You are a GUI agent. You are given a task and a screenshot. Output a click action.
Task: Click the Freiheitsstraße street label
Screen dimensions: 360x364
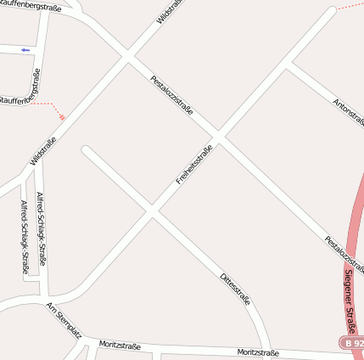(193, 166)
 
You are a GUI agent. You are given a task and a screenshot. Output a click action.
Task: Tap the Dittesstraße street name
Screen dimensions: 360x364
(235, 290)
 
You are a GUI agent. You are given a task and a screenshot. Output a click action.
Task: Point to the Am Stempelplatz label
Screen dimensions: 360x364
(64, 320)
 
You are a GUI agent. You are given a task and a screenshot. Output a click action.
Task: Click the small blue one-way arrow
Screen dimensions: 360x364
(25, 50)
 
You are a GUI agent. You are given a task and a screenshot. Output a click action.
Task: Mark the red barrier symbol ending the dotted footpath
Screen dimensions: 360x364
(62, 117)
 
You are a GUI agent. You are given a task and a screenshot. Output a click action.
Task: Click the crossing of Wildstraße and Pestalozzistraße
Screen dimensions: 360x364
(127, 58)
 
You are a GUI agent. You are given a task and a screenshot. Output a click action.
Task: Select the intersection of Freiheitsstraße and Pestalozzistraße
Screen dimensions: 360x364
(217, 136)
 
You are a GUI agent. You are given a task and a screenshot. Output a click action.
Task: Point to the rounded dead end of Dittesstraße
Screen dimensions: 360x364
(86, 150)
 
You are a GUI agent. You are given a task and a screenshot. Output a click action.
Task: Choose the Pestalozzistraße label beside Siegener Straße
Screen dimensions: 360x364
(344, 253)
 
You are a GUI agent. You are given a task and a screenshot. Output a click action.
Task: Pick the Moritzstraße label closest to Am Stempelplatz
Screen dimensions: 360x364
(120, 346)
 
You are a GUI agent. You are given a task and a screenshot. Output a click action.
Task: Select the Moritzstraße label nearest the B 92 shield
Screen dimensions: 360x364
(258, 352)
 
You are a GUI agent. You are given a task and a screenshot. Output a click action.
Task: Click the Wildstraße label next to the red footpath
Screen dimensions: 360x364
(43, 150)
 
